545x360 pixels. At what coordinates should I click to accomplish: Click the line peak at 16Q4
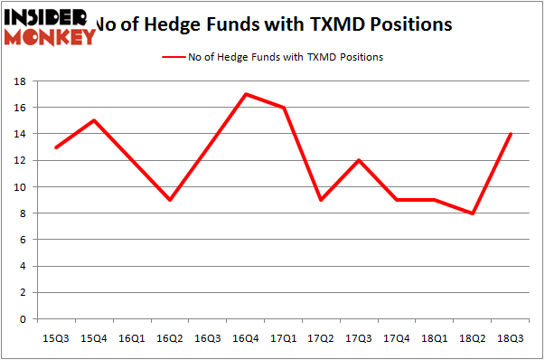click(246, 94)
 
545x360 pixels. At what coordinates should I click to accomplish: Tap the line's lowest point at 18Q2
click(474, 213)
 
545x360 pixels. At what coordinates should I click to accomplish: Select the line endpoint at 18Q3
click(512, 134)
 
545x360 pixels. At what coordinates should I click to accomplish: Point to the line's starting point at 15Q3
click(56, 147)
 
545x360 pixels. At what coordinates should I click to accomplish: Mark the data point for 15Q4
click(94, 120)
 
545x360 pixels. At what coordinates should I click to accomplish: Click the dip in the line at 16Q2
click(170, 200)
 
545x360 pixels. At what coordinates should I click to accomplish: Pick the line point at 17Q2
click(322, 200)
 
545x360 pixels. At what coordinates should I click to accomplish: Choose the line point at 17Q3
click(360, 160)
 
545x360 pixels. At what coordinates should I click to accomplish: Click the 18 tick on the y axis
click(17, 81)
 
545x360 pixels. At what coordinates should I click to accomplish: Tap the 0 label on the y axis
click(21, 319)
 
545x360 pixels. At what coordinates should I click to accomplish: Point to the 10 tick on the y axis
click(17, 187)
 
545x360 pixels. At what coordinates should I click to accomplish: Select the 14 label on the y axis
click(17, 134)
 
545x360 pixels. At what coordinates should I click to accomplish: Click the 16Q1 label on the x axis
click(132, 338)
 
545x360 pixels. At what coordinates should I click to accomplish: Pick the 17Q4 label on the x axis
click(398, 338)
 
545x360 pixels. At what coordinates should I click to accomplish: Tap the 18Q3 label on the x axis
click(512, 338)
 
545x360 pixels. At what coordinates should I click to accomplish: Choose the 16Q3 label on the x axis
click(208, 338)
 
